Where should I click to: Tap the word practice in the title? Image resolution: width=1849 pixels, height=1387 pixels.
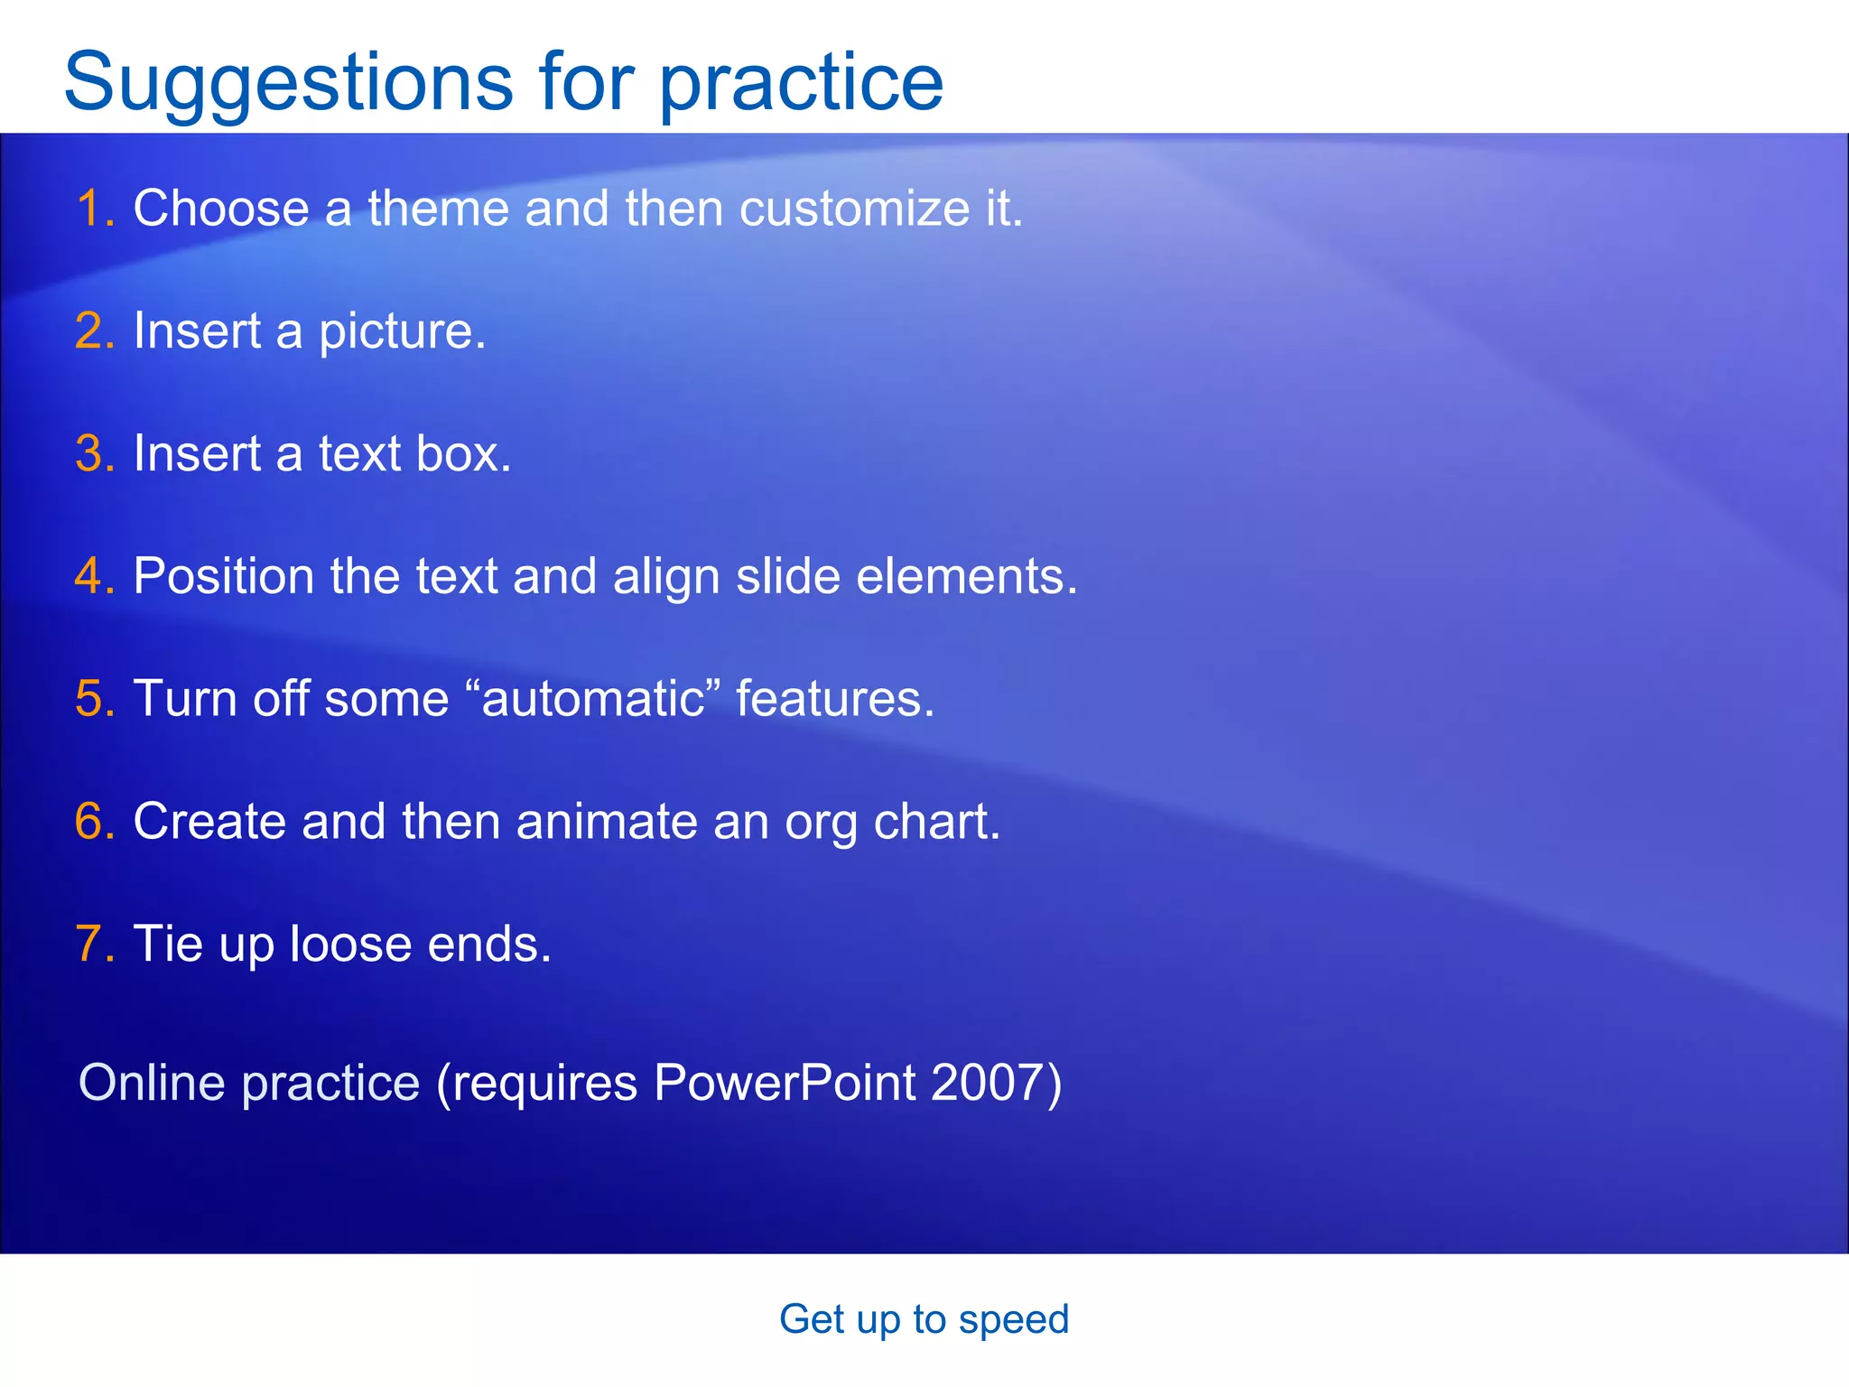(802, 83)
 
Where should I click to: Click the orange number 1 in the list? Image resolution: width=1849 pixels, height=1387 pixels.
(90, 209)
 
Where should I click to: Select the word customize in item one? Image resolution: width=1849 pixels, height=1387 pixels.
(854, 209)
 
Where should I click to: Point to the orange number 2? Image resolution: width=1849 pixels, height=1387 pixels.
(90, 330)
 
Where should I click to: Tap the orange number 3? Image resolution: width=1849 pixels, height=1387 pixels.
(90, 453)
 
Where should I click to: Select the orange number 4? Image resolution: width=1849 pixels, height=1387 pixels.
(90, 576)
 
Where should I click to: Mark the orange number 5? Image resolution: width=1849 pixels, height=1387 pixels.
(90, 699)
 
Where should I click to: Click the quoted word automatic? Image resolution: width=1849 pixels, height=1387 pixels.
(593, 699)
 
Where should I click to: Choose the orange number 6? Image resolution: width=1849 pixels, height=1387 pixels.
(90, 822)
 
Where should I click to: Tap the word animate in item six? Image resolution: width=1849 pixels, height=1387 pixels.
(606, 822)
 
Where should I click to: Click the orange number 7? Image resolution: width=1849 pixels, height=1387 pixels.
(90, 945)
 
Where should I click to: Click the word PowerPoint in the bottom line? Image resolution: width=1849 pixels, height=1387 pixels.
(785, 1083)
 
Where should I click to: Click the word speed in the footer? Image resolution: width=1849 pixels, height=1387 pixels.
(1013, 1320)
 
